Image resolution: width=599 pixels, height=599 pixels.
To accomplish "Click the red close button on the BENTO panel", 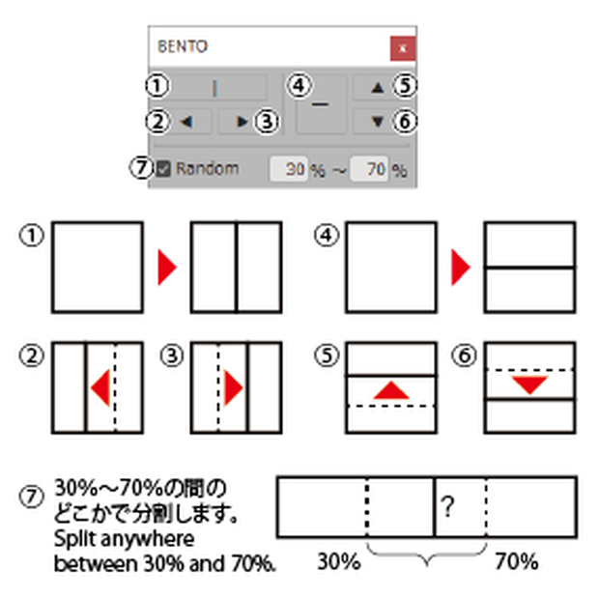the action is [x=403, y=48].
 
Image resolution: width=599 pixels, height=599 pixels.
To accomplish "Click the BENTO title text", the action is [x=183, y=46].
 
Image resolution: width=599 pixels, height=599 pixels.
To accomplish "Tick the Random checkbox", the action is [x=163, y=168].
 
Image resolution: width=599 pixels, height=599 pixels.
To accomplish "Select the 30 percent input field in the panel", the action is [x=289, y=168].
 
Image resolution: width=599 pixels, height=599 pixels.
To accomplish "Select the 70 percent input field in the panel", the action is [x=369, y=168].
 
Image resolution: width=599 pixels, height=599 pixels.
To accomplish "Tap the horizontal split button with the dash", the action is [x=321, y=104].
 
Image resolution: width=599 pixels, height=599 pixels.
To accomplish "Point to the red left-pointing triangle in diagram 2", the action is [x=100, y=387].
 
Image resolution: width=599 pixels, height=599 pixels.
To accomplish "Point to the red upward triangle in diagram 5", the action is [x=391, y=390].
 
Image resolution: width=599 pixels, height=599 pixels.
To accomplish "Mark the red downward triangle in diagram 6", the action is [x=529, y=385].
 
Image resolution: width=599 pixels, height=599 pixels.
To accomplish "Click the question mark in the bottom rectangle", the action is [x=447, y=506].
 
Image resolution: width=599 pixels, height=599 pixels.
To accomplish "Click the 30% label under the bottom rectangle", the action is [x=339, y=561].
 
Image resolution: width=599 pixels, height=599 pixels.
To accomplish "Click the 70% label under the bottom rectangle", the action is [x=517, y=561].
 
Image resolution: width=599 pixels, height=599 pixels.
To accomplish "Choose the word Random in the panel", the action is [x=208, y=168].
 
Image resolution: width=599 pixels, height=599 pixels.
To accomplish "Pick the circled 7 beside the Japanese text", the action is [x=31, y=497].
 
